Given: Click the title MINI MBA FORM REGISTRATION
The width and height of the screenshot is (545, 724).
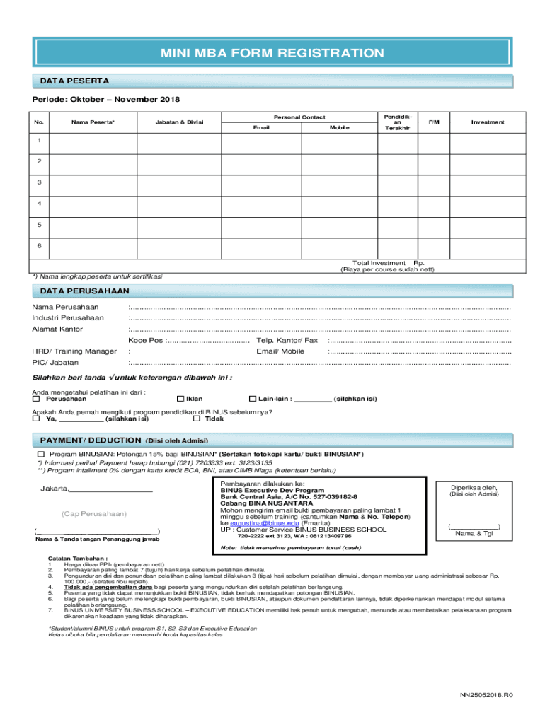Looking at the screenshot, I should tap(272, 54).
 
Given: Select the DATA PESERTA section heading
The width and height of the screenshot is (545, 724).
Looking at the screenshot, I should tap(69, 81).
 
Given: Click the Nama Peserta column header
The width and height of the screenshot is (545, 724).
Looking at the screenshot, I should tap(93, 122).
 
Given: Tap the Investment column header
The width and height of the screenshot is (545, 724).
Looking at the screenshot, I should tap(488, 122).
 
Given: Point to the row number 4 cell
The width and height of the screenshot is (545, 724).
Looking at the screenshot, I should tap(39, 204).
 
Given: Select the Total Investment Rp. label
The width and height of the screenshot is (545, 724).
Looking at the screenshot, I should tap(388, 262).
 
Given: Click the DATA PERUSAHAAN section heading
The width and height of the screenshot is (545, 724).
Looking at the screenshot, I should tap(84, 291).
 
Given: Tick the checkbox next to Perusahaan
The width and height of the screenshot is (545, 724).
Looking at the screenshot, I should tap(37, 399).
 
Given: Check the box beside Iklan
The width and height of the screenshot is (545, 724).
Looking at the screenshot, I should tap(180, 399).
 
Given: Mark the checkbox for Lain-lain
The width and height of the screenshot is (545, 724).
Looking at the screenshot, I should tap(253, 399).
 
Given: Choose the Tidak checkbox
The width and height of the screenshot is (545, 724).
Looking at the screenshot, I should tap(197, 419).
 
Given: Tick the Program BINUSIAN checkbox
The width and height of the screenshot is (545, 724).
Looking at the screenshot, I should tap(41, 453).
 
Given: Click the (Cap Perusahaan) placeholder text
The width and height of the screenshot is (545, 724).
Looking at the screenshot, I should tap(94, 513).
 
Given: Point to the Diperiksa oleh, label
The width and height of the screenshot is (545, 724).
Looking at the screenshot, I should tap(474, 486).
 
